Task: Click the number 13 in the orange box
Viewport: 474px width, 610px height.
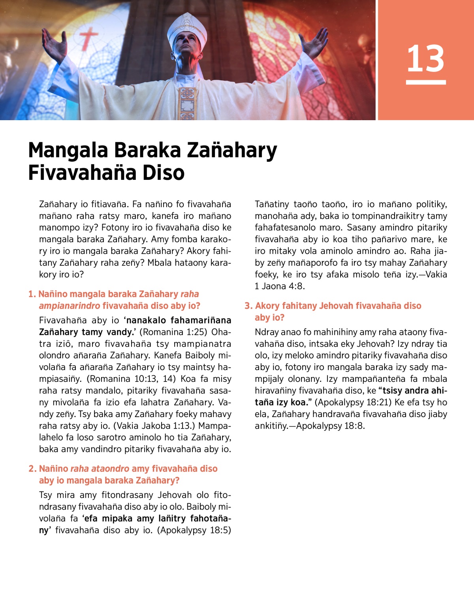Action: coord(425,59)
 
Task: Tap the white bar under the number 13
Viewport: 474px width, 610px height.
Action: coord(426,82)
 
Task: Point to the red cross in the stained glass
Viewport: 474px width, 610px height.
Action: coord(88,38)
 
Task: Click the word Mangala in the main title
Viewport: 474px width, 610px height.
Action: coord(68,150)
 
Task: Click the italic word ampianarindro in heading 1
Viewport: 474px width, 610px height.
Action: coord(70,306)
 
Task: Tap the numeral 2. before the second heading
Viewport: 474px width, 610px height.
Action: coord(32,468)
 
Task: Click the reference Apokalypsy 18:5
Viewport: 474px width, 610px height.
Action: coord(194,530)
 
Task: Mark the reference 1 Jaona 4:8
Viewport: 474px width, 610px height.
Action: coord(280,286)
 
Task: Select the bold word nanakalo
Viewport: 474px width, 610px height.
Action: coord(146,320)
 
